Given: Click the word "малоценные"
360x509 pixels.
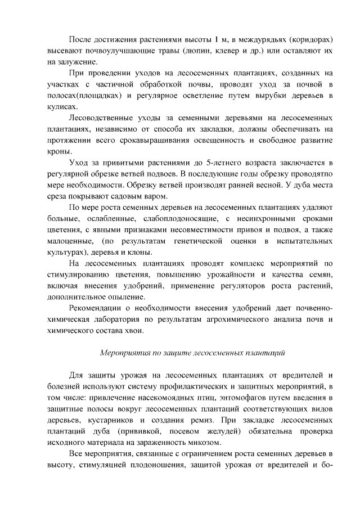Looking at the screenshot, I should pos(68,241).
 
